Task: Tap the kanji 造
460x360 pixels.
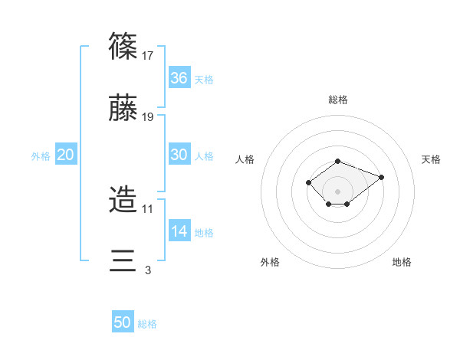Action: click(123, 200)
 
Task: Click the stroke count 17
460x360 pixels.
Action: click(149, 56)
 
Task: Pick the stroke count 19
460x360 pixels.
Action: click(149, 117)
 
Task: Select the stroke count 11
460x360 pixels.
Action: click(149, 208)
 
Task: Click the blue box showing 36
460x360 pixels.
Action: click(179, 78)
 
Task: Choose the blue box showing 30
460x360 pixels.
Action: click(179, 155)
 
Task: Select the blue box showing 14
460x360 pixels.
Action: click(179, 231)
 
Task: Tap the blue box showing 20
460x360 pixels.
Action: click(66, 155)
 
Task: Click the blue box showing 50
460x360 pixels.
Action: click(123, 322)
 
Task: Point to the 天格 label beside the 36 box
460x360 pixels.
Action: click(204, 80)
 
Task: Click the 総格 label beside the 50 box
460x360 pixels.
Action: click(147, 324)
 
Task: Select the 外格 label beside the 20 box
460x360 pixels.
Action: click(41, 156)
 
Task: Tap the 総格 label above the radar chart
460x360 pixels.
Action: click(338, 100)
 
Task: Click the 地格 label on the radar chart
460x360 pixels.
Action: click(402, 262)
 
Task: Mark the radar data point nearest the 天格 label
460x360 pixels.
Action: click(381, 177)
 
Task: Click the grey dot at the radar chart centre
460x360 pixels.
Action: click(338, 191)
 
